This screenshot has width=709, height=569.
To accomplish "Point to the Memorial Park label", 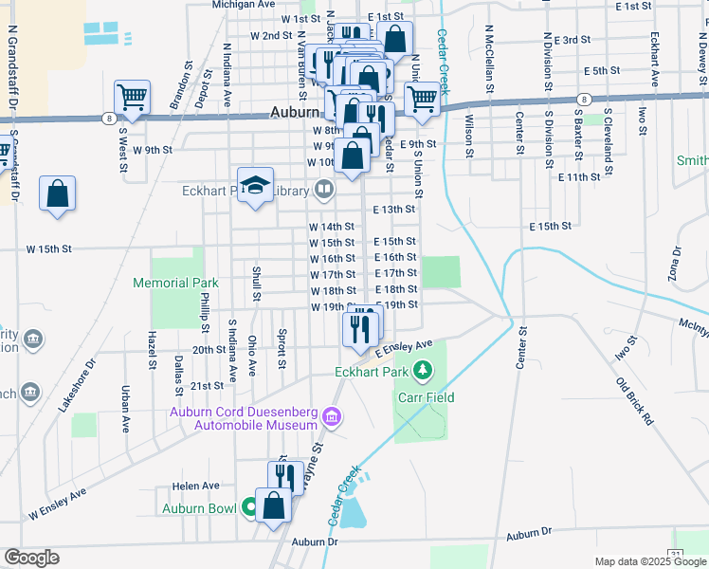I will [x=175, y=283].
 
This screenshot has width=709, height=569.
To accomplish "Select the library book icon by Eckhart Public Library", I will [x=324, y=192].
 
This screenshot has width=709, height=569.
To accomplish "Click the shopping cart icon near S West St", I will [x=132, y=96].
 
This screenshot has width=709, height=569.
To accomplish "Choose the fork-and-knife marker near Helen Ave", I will [x=284, y=475].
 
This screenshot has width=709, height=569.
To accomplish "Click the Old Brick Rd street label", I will [x=635, y=401].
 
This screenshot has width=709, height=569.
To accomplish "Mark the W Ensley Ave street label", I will [x=57, y=504].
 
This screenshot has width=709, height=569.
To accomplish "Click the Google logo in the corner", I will [x=31, y=557].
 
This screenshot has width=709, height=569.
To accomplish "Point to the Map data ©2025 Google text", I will [x=649, y=561].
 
